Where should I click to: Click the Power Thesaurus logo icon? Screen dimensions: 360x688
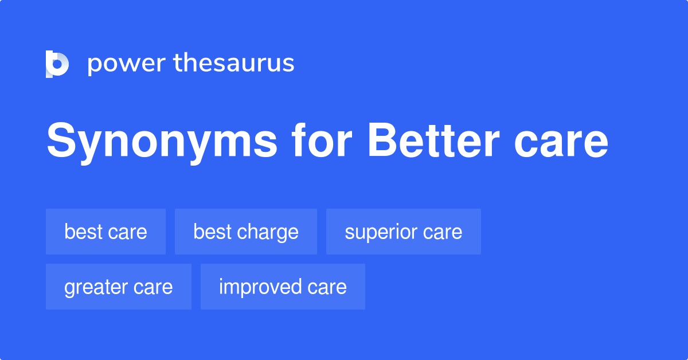[57, 64]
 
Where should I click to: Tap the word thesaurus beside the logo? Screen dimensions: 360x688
[234, 64]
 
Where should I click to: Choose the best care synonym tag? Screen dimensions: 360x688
[105, 232]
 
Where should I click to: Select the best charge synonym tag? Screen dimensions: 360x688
[245, 232]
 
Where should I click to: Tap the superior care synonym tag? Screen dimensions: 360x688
[403, 232]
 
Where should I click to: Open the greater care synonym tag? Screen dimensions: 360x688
[118, 287]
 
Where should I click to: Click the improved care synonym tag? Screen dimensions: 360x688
[283, 287]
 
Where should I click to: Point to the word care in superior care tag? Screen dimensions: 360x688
[442, 232]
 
